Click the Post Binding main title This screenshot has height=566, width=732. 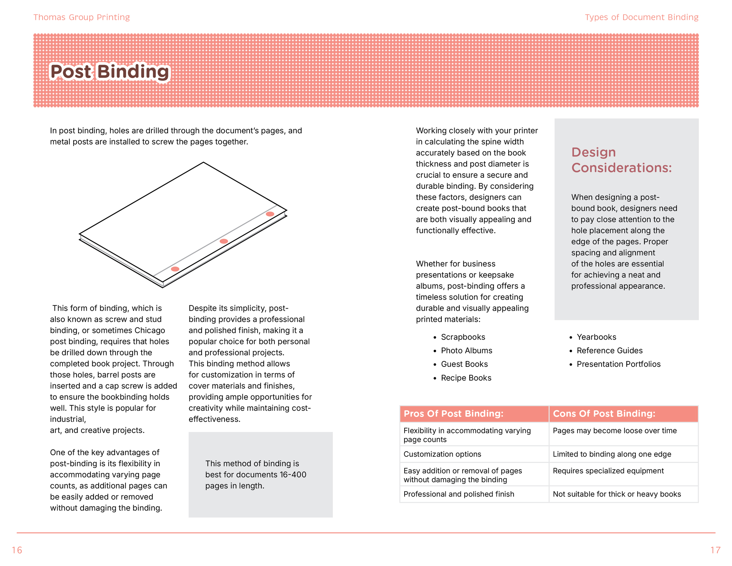coord(109,72)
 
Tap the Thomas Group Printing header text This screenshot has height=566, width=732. coord(81,17)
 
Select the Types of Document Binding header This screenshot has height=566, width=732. coord(641,17)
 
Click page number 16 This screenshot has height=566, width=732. coord(17,550)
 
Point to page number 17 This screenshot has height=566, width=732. coord(715,550)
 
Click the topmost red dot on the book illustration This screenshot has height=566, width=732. coord(270,214)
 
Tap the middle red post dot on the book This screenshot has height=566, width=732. coord(224,241)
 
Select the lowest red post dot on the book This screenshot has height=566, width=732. coord(175,269)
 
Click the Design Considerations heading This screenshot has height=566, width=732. coord(621,160)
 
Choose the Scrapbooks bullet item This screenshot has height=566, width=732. coord(463,337)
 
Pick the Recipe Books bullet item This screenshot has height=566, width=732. coord(466,378)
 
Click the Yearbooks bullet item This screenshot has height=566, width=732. coord(596,337)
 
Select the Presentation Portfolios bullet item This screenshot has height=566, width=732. coord(618,364)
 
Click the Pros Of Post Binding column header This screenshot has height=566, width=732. coord(453,414)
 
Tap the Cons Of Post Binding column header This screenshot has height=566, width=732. coord(604,414)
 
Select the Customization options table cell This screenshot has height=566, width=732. coord(442,454)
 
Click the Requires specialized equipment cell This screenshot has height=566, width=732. coord(608,471)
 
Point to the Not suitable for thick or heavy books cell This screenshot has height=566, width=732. coord(617,494)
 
